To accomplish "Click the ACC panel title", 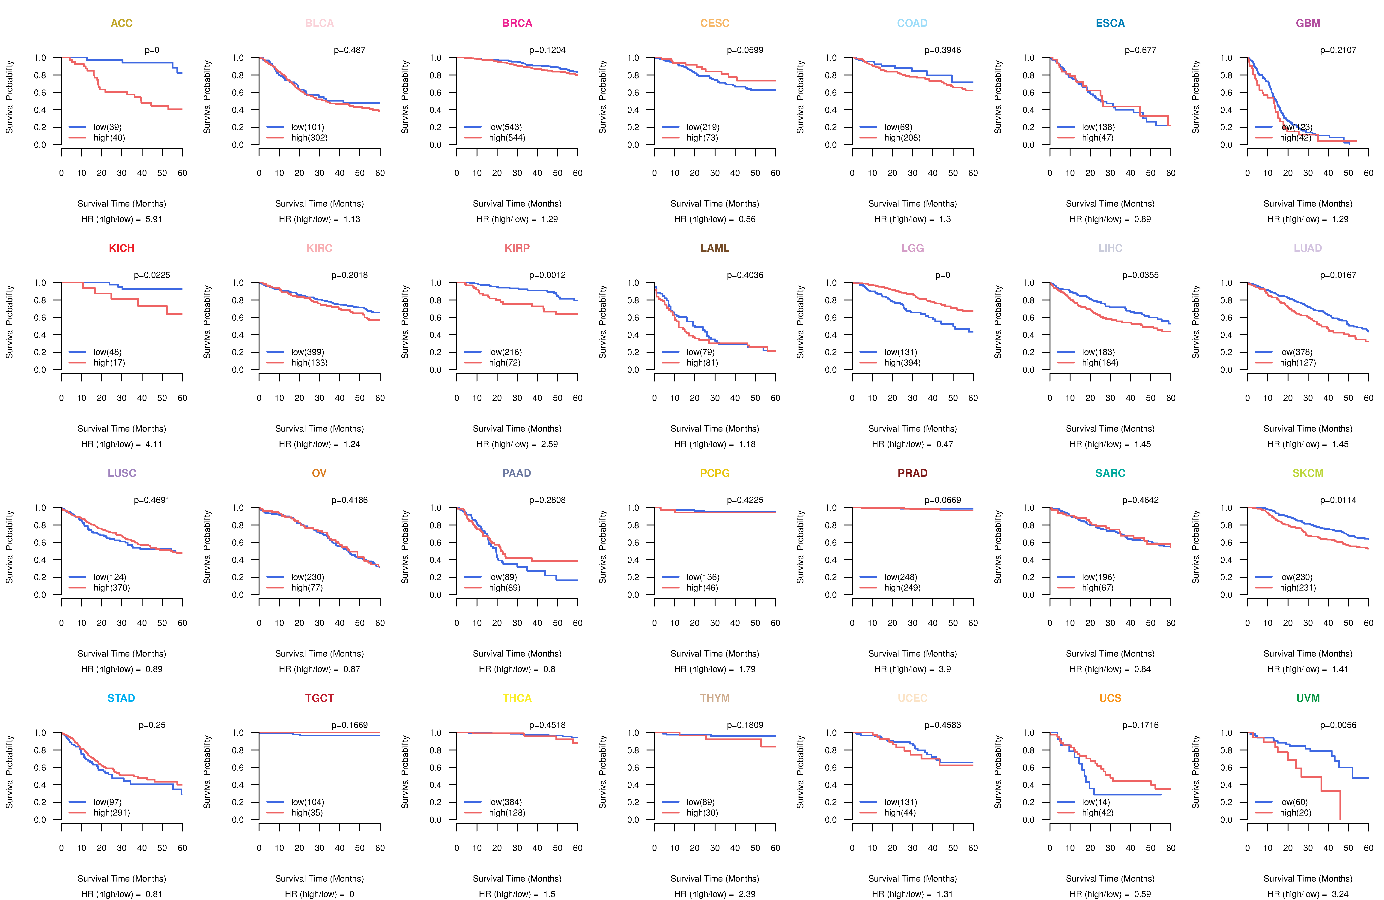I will tap(122, 23).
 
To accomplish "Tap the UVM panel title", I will tap(1308, 698).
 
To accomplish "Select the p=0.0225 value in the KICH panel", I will tap(152, 275).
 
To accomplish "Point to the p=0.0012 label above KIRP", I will tap(547, 275).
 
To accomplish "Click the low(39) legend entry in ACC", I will tap(107, 127).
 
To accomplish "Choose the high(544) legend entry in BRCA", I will tap(507, 138).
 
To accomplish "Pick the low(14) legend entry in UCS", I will tap(1096, 802).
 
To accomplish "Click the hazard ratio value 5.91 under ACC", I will tap(154, 219).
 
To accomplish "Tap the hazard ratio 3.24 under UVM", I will tap(1340, 894).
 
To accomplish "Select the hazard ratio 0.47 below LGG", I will tap(944, 444).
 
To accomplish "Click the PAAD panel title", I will tap(516, 473).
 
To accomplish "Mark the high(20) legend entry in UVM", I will tap(1295, 813).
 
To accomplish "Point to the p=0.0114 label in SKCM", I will tap(1338, 500).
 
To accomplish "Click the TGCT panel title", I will tap(319, 698).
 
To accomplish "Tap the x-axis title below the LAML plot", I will tap(715, 429).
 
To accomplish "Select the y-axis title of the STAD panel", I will tap(9, 772).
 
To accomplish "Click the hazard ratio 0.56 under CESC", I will tap(747, 219).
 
